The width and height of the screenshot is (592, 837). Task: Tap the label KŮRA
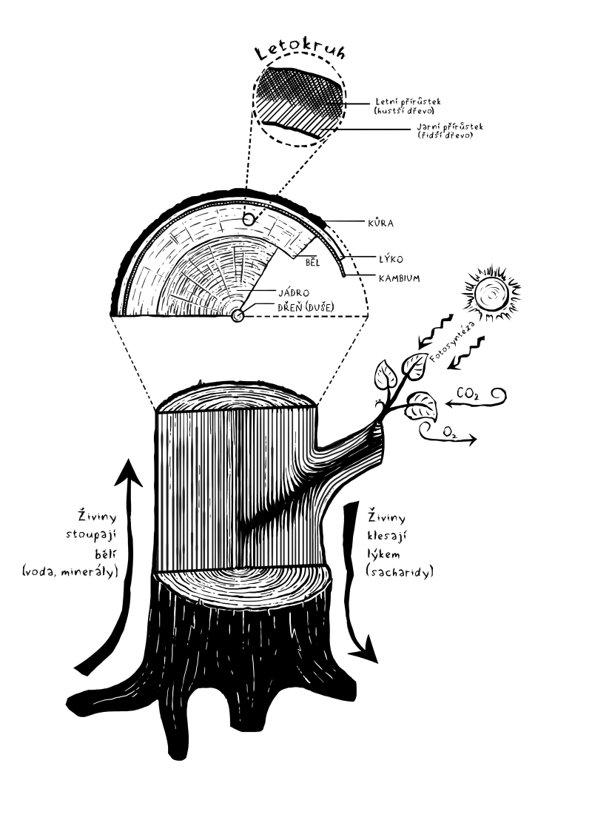[380, 221]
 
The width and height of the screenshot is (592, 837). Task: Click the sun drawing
[489, 294]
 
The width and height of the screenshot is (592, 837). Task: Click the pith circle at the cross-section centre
[237, 316]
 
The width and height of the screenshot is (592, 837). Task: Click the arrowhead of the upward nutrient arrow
[129, 471]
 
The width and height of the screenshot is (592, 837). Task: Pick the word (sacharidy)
[398, 571]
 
